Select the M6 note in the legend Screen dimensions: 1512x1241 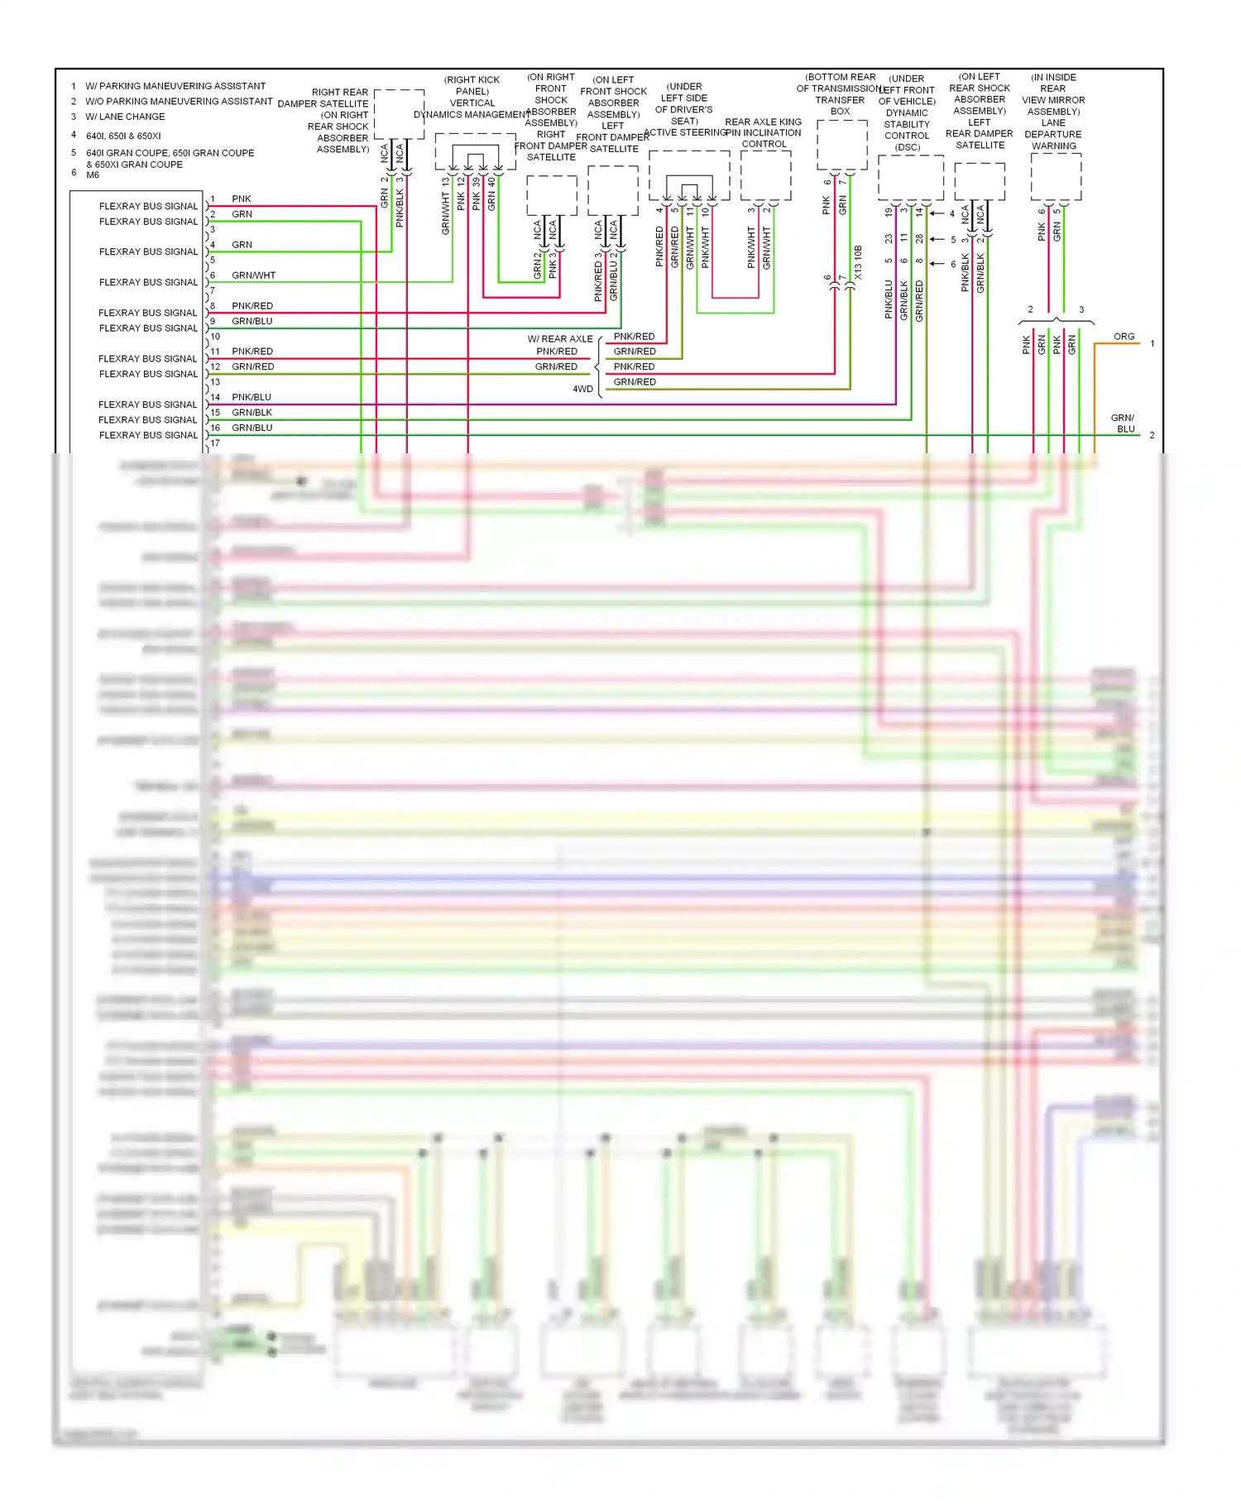coord(93,175)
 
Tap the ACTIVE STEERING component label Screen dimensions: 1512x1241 coord(684,132)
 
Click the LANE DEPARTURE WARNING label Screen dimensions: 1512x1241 coord(1053,134)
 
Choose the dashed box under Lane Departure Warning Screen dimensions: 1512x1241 coord(1056,177)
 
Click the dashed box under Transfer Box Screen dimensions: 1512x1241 coord(841,146)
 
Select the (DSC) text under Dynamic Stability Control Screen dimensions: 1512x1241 coord(908,147)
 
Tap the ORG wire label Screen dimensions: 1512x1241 coord(1124,337)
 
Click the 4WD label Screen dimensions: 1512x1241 coord(583,389)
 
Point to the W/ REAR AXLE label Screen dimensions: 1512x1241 coord(560,339)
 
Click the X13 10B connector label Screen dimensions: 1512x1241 coord(858,262)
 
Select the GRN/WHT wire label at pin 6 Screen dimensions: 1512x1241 coord(253,275)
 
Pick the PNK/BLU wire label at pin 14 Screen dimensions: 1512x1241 coord(252,397)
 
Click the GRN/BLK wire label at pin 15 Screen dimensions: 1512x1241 coord(252,413)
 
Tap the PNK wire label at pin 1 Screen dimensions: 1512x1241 coord(242,199)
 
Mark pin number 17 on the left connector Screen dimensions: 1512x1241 coord(215,443)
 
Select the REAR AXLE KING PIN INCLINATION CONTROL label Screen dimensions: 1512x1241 coord(764,132)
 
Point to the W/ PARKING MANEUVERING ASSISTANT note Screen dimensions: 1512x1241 coord(175,86)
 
